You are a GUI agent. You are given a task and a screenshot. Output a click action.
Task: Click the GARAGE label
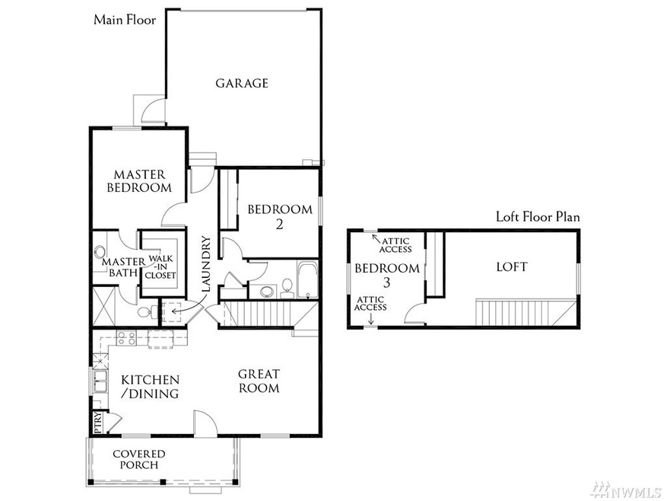(x=242, y=83)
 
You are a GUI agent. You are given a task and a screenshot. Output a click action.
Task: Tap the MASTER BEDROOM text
(x=138, y=180)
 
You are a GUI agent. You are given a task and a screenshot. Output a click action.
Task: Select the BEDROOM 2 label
(x=281, y=216)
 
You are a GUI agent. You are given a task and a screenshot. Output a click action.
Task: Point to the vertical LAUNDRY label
(x=205, y=264)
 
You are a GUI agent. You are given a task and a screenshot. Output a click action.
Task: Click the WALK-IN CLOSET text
(x=160, y=266)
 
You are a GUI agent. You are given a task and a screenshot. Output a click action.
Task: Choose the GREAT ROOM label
(x=259, y=381)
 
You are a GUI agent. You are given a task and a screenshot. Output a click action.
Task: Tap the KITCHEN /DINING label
(x=150, y=386)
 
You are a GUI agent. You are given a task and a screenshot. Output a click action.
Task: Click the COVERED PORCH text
(x=139, y=459)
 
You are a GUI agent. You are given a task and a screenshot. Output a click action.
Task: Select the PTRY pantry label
(x=98, y=423)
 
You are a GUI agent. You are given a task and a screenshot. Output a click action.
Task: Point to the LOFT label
(x=511, y=267)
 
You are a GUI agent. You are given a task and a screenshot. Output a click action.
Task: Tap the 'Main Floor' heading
(x=125, y=20)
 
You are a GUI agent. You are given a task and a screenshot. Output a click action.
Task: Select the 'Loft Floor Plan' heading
(x=538, y=217)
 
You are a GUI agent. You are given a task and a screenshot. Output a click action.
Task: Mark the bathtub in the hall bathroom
(x=307, y=281)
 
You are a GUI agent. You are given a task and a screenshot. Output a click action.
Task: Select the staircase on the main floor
(x=266, y=313)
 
